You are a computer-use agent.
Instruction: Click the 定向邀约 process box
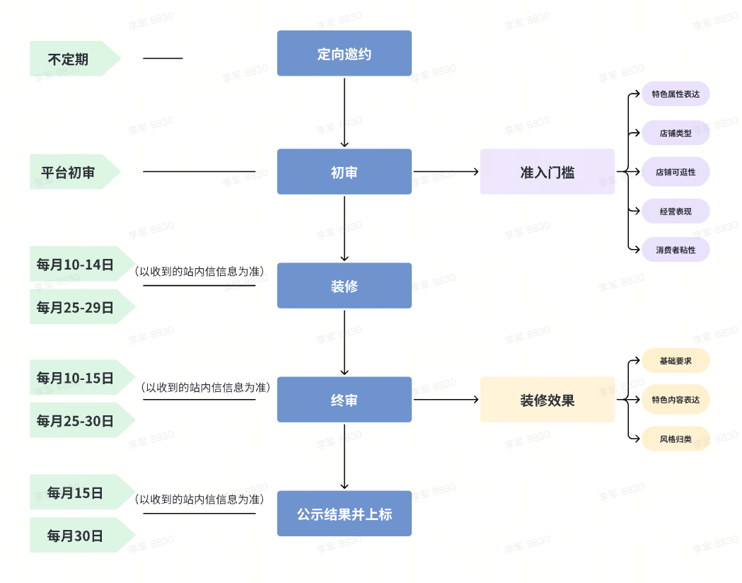pos(344,53)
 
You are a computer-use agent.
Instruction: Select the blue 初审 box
pos(344,172)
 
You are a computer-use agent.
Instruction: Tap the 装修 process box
pos(344,286)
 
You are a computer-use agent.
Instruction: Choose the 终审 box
pos(344,400)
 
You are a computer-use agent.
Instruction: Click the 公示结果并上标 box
pos(344,514)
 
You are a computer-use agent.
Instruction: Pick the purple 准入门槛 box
pos(547,172)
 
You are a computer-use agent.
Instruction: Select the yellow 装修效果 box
pos(547,400)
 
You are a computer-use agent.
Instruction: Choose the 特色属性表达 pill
pos(675,94)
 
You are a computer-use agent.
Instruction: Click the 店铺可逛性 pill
pos(675,172)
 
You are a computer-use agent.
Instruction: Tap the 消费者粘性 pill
pos(675,250)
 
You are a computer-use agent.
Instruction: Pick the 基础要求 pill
pos(675,361)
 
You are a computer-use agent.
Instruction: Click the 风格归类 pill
pos(675,439)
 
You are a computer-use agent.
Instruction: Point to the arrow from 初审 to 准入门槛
pos(446,171)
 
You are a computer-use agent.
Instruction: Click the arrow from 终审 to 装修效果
pos(446,400)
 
